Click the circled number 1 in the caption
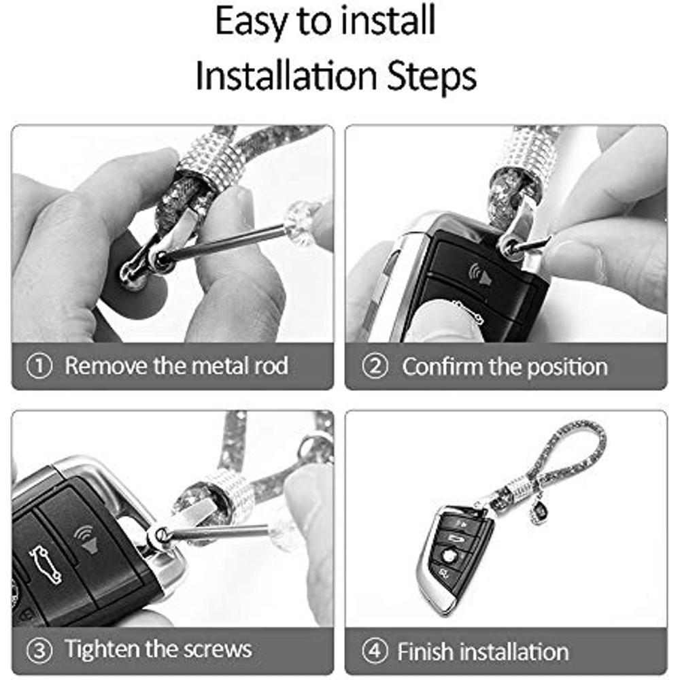(39, 367)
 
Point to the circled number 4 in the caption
(373, 651)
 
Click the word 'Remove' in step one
(105, 366)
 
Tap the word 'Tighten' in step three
(101, 649)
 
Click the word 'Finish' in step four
(424, 651)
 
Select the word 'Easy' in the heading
(252, 22)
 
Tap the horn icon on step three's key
(89, 537)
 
